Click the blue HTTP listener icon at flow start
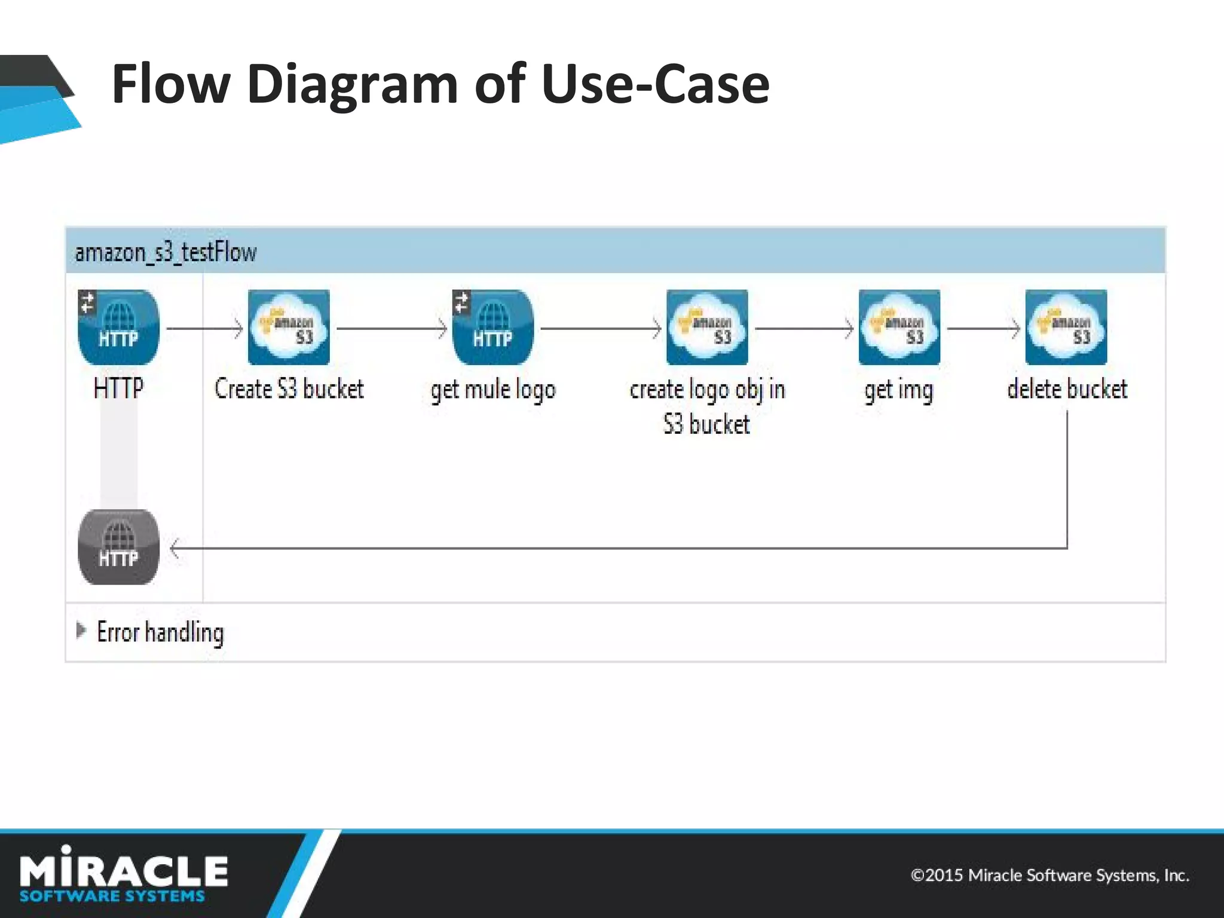(119, 327)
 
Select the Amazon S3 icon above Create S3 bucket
(289, 327)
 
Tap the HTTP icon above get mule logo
(493, 327)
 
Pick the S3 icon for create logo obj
(707, 327)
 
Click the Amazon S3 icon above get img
(899, 327)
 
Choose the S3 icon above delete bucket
(1066, 327)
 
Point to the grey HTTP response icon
(119, 547)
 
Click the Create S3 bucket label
(289, 389)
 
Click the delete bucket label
(1067, 389)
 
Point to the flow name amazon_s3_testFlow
(166, 252)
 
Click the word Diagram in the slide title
(352, 84)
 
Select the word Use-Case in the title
(655, 84)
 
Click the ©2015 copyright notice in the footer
(1049, 876)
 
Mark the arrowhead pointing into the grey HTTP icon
(175, 548)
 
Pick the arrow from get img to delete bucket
(983, 329)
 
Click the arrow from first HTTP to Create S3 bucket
(204, 329)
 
